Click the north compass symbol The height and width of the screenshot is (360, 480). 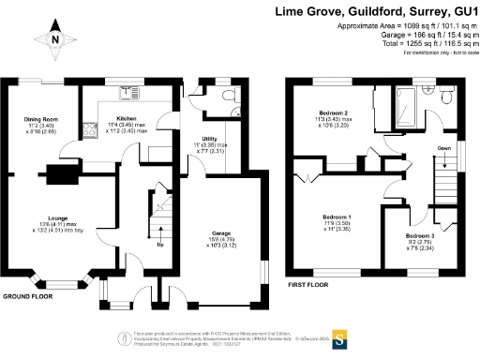pyautogui.click(x=55, y=39)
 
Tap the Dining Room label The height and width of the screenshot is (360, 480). pyautogui.click(x=41, y=120)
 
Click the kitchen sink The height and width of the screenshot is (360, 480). pyautogui.click(x=125, y=92)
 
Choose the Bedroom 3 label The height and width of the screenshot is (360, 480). pyautogui.click(x=419, y=235)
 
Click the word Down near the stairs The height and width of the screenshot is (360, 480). pyautogui.click(x=445, y=147)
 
